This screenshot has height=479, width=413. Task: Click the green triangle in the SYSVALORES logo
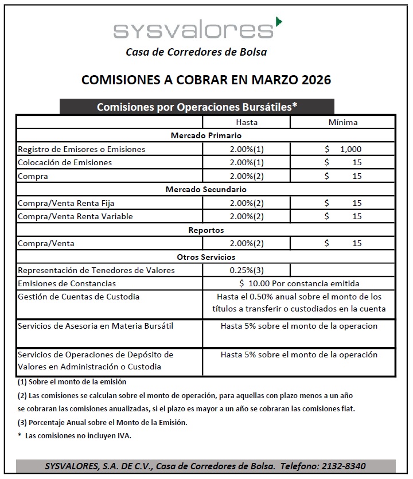pyautogui.click(x=279, y=22)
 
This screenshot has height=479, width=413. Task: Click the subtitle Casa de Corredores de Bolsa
pyautogui.click(x=196, y=52)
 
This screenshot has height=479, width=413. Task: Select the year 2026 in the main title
pyautogui.click(x=313, y=80)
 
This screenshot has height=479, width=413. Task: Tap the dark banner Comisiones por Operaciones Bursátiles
pyautogui.click(x=197, y=107)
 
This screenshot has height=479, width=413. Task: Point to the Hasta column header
pyautogui.click(x=247, y=122)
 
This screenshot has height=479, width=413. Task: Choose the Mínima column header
pyautogui.click(x=343, y=122)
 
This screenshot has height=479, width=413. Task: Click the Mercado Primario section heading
pyautogui.click(x=206, y=136)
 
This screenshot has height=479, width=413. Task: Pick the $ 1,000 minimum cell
pyautogui.click(x=343, y=149)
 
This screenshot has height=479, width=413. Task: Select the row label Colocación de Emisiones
pyautogui.click(x=65, y=162)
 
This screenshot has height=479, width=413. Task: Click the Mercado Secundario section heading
pyautogui.click(x=206, y=189)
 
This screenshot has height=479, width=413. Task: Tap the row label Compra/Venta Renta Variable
pyautogui.click(x=75, y=216)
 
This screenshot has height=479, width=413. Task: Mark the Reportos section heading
pyautogui.click(x=206, y=230)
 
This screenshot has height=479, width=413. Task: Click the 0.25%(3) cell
pyautogui.click(x=247, y=270)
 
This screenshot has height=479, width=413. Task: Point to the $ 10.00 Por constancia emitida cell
pyautogui.click(x=299, y=283)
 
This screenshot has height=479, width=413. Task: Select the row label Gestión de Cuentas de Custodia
pyautogui.click(x=79, y=297)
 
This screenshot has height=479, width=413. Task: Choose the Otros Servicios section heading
pyautogui.click(x=206, y=257)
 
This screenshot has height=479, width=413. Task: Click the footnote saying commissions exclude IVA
pyautogui.click(x=75, y=436)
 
